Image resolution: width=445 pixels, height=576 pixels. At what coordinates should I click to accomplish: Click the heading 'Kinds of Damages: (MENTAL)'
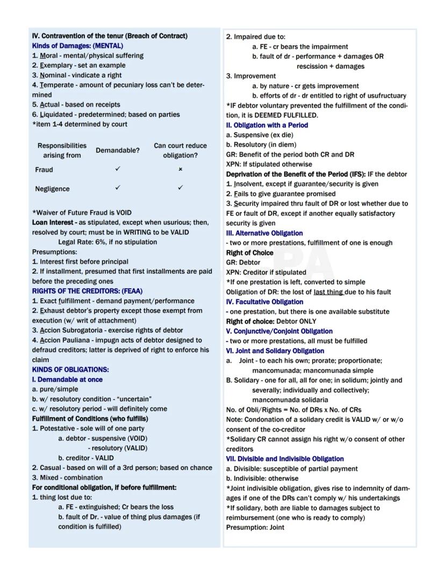[x=77, y=46]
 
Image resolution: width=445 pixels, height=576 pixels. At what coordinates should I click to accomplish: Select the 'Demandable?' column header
[x=117, y=151]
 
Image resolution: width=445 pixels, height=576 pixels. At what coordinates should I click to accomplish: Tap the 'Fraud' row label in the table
[x=44, y=169]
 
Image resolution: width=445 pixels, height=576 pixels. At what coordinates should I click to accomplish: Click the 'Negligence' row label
[x=53, y=189]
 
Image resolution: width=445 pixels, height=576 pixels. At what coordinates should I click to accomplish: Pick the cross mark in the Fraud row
[x=180, y=169]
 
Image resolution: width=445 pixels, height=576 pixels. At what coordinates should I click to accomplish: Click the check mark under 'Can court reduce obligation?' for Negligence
[x=180, y=188]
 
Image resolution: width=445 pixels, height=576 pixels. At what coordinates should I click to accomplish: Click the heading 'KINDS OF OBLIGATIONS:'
[x=70, y=369]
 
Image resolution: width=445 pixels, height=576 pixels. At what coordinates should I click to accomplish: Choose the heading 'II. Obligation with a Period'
[x=267, y=125]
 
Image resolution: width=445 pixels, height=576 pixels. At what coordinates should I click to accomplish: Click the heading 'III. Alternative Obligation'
[x=264, y=233]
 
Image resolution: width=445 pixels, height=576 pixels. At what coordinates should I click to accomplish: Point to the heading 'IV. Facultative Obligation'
[x=264, y=302]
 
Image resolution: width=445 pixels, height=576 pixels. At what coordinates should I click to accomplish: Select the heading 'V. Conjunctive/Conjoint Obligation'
[x=279, y=331]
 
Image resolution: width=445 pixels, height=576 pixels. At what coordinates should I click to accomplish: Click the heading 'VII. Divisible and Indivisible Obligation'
[x=285, y=459]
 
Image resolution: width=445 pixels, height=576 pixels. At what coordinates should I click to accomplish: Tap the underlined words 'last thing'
[x=328, y=292]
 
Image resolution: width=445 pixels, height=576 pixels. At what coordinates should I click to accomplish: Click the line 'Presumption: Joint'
[x=255, y=528]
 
